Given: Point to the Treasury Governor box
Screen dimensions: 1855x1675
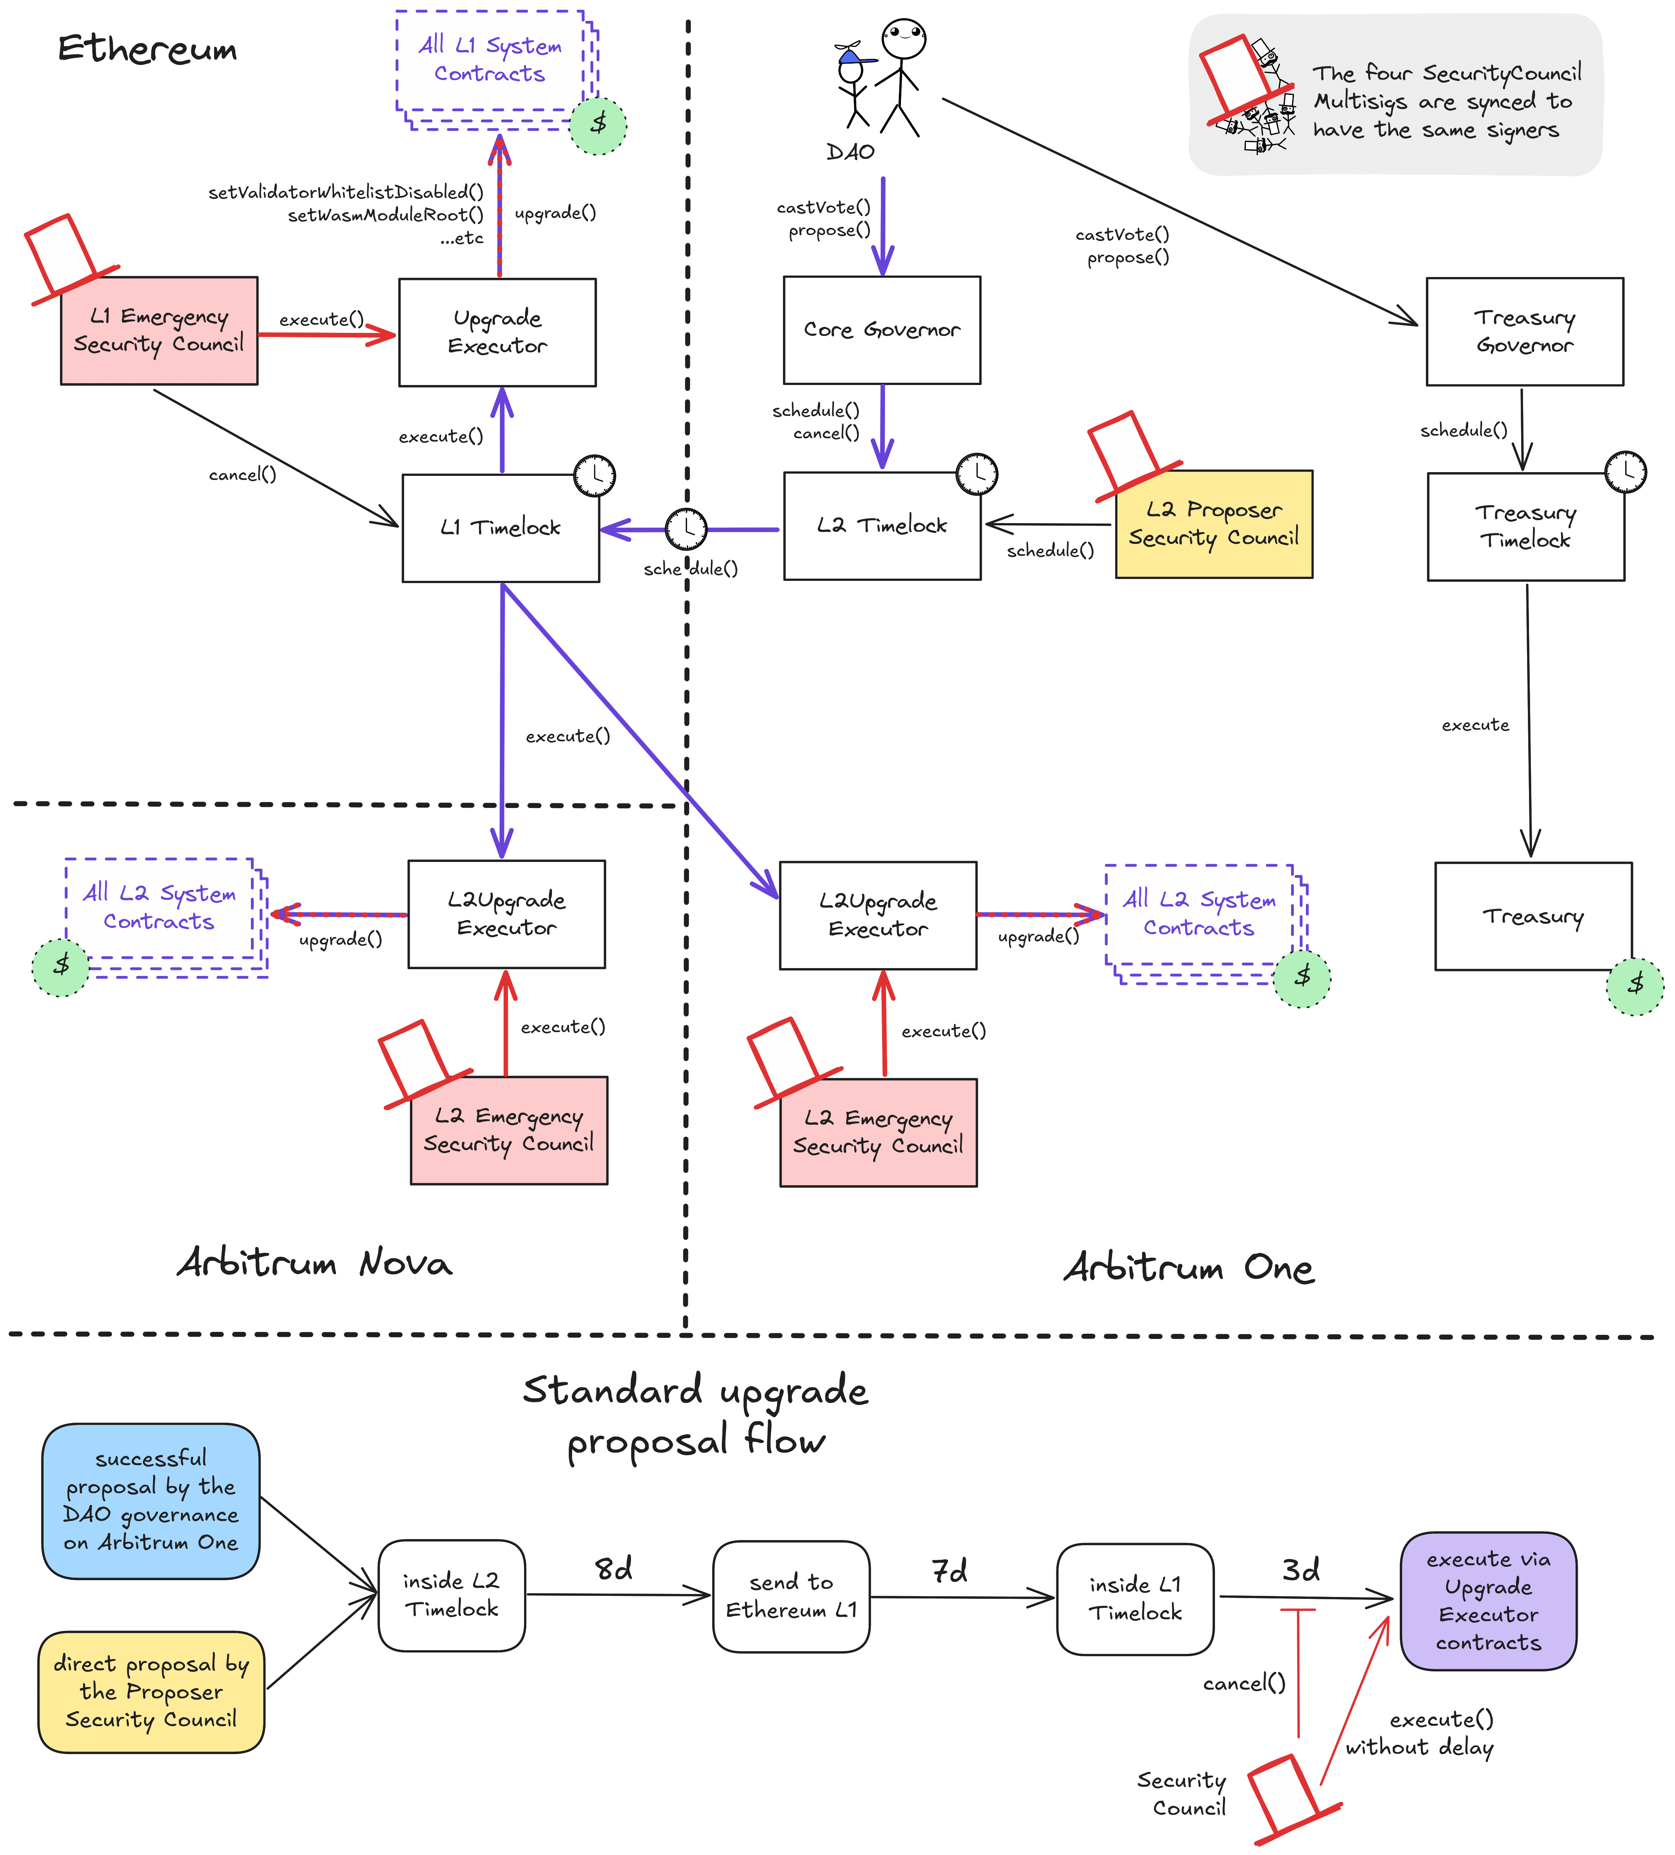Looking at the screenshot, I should tap(1524, 331).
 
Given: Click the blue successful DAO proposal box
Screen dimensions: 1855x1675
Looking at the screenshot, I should tap(151, 1501).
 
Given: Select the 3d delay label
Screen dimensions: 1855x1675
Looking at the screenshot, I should tap(1300, 1570).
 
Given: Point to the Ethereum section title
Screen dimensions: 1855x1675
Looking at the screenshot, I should tap(147, 49).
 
